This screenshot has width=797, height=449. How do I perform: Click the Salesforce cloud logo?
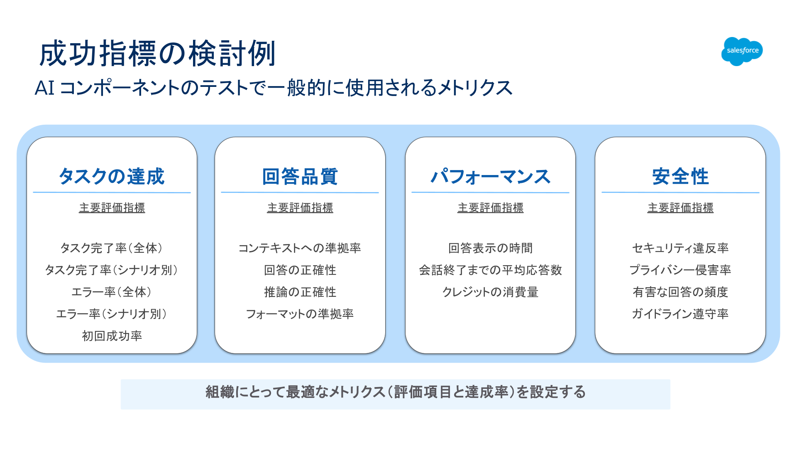(x=742, y=51)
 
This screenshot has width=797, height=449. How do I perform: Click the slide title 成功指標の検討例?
(x=158, y=54)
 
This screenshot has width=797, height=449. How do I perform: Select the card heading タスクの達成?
(x=112, y=176)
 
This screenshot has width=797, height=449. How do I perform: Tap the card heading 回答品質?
(x=300, y=176)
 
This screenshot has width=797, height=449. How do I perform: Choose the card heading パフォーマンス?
(x=490, y=176)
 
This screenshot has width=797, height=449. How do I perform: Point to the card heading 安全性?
(x=680, y=176)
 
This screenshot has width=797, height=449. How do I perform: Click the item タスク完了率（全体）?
(x=112, y=248)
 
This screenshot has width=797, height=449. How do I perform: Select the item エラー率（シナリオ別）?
(x=112, y=314)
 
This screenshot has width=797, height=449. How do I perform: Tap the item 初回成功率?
(x=112, y=336)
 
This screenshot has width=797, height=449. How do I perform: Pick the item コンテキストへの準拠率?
(x=300, y=248)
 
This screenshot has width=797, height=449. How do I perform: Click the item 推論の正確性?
(x=300, y=292)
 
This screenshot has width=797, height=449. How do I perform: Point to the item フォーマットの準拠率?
(x=300, y=314)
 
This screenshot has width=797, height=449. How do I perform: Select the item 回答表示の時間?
(x=490, y=248)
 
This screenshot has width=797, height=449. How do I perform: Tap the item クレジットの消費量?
(x=490, y=292)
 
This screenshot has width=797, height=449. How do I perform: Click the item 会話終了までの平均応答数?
(x=490, y=270)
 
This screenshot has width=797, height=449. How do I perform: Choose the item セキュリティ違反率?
(x=680, y=248)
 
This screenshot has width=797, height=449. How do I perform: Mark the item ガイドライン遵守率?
(x=680, y=314)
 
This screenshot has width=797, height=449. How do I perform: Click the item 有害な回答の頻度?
(x=680, y=292)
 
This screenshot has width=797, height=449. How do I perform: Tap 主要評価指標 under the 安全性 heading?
(x=680, y=207)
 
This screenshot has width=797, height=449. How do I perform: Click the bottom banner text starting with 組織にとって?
(x=396, y=392)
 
